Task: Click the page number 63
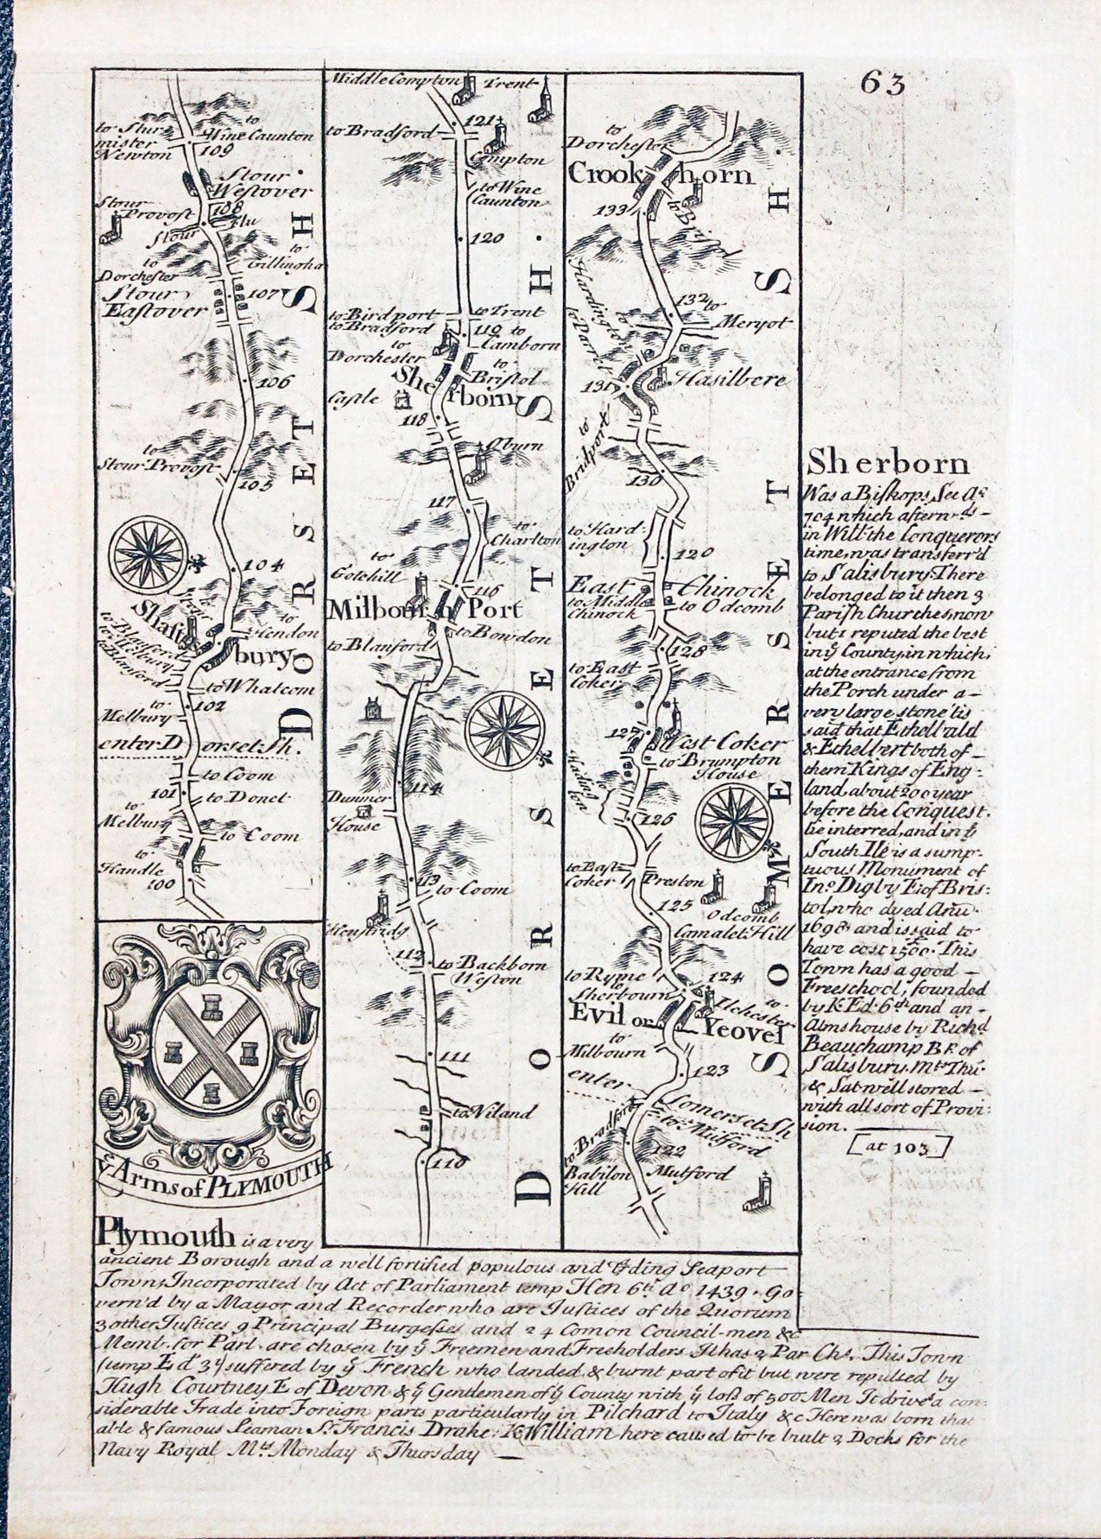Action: [881, 84]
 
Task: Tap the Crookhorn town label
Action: [661, 174]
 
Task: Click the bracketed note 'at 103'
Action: [898, 1147]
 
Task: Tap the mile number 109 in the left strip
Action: [210, 149]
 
